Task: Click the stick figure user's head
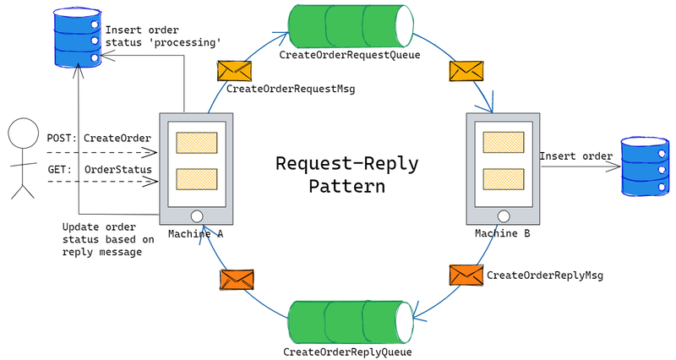[x=24, y=134]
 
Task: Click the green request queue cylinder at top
[x=348, y=25]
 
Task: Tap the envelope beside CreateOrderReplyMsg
[x=466, y=275]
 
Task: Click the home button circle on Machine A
[x=197, y=215]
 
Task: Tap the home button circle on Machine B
[x=504, y=215]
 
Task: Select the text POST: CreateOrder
[x=99, y=138]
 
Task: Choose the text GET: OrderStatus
[x=99, y=169]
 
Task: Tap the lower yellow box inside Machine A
[x=197, y=179]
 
